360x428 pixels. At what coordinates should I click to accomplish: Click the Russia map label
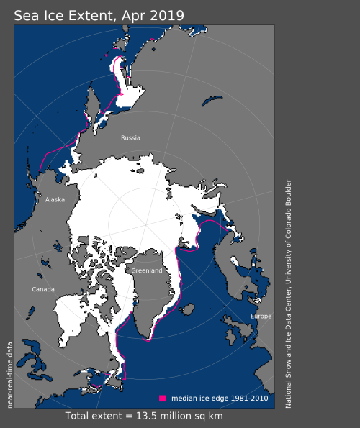[x=130, y=137]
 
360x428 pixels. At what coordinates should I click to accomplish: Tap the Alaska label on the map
[x=55, y=200]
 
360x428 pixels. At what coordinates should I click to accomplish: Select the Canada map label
[x=42, y=289]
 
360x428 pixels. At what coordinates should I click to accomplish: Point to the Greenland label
[x=147, y=270]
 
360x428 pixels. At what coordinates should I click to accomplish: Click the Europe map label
[x=261, y=317]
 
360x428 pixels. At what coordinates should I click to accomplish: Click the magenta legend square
[x=163, y=398]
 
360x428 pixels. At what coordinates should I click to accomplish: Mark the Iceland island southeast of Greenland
[x=189, y=310]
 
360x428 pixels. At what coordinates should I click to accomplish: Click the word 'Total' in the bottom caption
[x=80, y=416]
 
